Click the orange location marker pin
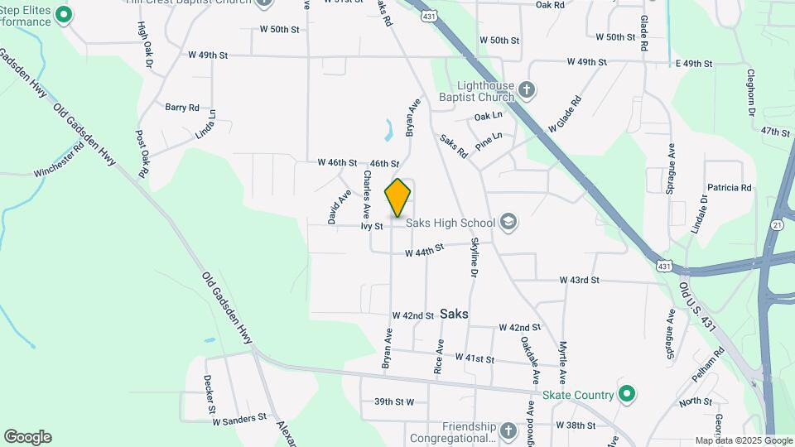click(397, 197)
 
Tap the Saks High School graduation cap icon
click(508, 222)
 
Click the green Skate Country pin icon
click(627, 394)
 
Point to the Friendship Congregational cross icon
click(508, 430)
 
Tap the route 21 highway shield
click(776, 224)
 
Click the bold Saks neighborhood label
click(455, 314)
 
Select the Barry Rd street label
click(182, 108)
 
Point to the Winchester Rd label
click(59, 161)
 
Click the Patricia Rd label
click(729, 188)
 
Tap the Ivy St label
click(371, 226)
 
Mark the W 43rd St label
click(579, 281)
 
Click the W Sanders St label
click(239, 420)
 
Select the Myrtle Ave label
click(562, 362)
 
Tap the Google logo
click(27, 437)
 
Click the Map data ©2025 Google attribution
click(743, 441)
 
